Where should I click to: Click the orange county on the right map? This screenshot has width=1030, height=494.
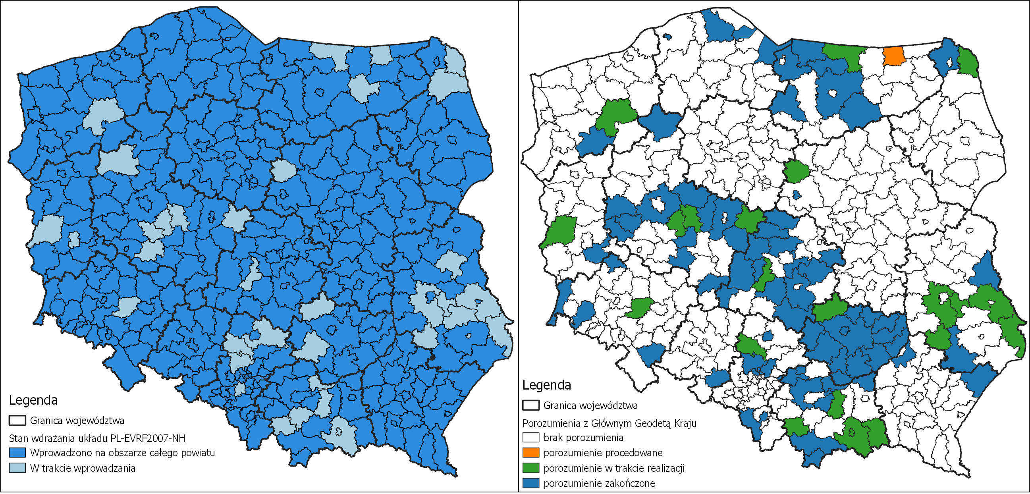[894, 56]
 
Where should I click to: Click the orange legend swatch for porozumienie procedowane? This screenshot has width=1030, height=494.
[530, 452]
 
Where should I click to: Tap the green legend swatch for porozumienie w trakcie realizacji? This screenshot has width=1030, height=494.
[530, 468]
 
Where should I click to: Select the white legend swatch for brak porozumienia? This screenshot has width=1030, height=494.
[530, 437]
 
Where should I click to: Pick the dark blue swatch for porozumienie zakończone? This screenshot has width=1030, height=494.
[530, 483]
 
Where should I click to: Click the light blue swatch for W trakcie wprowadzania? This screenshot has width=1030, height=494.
[17, 468]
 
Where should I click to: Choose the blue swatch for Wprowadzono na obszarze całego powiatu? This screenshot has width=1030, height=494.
[17, 452]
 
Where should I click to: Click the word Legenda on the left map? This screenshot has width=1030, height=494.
[33, 400]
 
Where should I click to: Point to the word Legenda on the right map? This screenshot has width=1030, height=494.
[547, 385]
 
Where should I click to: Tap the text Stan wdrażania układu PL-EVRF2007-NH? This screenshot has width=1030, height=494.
[97, 438]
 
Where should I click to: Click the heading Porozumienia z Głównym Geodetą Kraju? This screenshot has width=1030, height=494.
[610, 423]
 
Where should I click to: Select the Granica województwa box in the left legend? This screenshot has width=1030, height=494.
[17, 421]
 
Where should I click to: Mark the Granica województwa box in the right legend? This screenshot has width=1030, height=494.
[530, 405]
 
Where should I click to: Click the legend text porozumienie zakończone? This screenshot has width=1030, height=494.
[599, 483]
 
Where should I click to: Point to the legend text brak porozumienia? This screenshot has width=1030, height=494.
[583, 438]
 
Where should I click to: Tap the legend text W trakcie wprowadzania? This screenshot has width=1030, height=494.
[82, 468]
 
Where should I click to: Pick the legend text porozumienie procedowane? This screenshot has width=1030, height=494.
[603, 453]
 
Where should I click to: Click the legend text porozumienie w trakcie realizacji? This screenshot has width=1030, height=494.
[614, 468]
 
